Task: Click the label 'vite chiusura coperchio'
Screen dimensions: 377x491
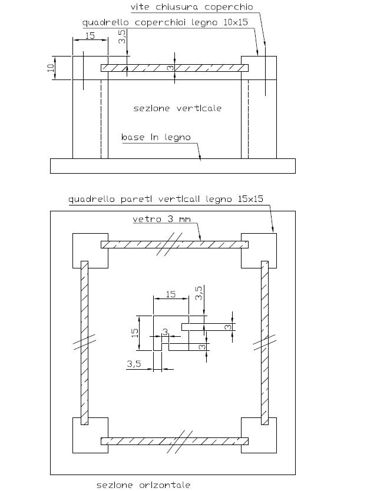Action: coord(191,7)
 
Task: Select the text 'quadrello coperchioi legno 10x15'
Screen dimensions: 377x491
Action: coord(165,22)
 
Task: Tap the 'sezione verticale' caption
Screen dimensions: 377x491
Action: coord(177,108)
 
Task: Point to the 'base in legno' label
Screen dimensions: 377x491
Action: coord(156,137)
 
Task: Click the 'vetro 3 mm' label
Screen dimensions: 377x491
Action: coord(161,218)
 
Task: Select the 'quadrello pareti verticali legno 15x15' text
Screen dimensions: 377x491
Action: coord(166,199)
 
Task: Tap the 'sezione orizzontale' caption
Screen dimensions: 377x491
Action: coord(143,485)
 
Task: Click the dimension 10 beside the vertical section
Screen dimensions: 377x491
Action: coord(51,68)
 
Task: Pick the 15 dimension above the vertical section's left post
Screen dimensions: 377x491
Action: coord(90,35)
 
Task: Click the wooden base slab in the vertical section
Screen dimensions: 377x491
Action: coord(173,165)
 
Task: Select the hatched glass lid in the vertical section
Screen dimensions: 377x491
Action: coord(174,68)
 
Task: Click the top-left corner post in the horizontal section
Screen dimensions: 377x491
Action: coord(90,251)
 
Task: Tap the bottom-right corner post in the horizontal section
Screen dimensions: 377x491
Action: coord(259,435)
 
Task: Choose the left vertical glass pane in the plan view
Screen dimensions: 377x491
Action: coord(84,343)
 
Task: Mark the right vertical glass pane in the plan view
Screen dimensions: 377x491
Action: coord(265,343)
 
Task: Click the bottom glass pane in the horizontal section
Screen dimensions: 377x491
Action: coord(174,441)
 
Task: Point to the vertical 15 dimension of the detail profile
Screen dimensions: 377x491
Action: coord(135,333)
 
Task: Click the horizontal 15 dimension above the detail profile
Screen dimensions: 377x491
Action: coord(170,294)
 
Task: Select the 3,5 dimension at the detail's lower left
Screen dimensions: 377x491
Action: coord(134,364)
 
